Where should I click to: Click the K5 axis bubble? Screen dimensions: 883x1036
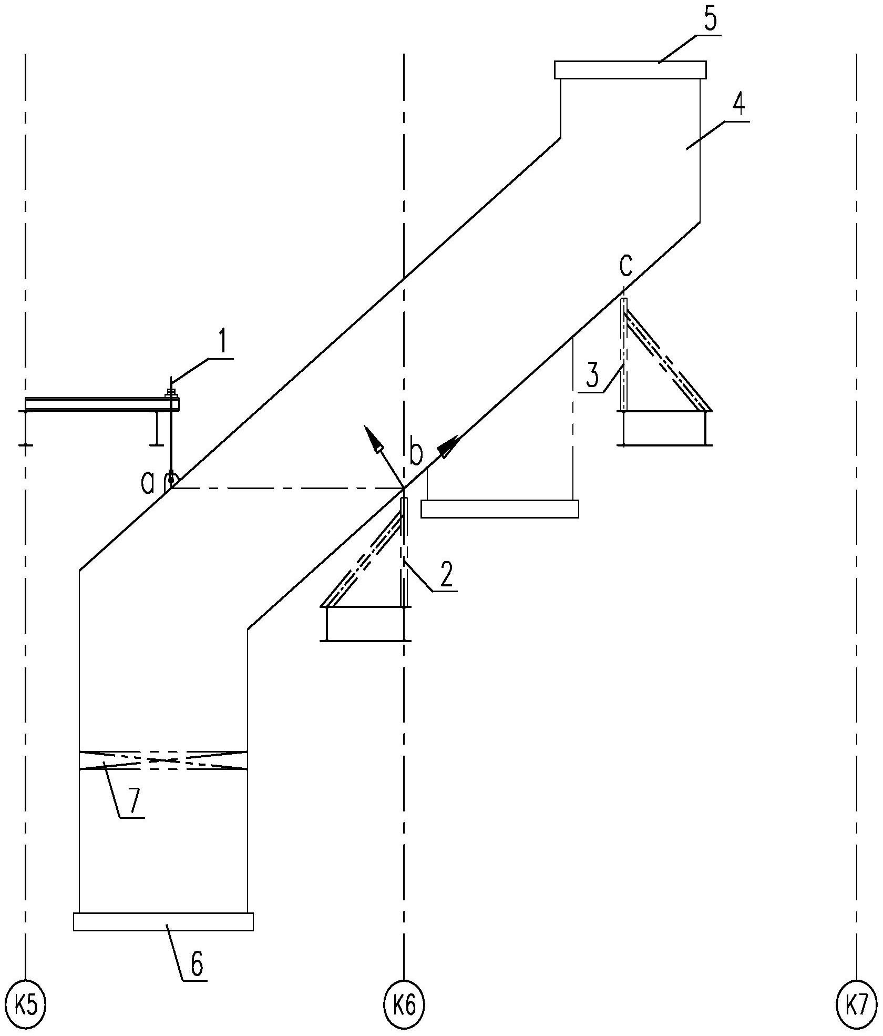[x=25, y=1006]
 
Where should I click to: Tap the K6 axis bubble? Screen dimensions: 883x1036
[x=404, y=1006]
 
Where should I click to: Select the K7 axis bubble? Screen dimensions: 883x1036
[x=857, y=1006]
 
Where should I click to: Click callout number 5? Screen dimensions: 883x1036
[x=710, y=20]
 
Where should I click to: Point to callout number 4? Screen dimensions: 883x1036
[x=738, y=106]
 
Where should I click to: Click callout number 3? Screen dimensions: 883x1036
[x=592, y=377]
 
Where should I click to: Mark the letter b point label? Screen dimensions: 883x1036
[x=415, y=454]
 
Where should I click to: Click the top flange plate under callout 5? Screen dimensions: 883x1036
[x=630, y=70]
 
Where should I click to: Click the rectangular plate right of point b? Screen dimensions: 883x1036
[x=499, y=509]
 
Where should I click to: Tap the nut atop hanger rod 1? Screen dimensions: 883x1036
[x=171, y=391]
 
